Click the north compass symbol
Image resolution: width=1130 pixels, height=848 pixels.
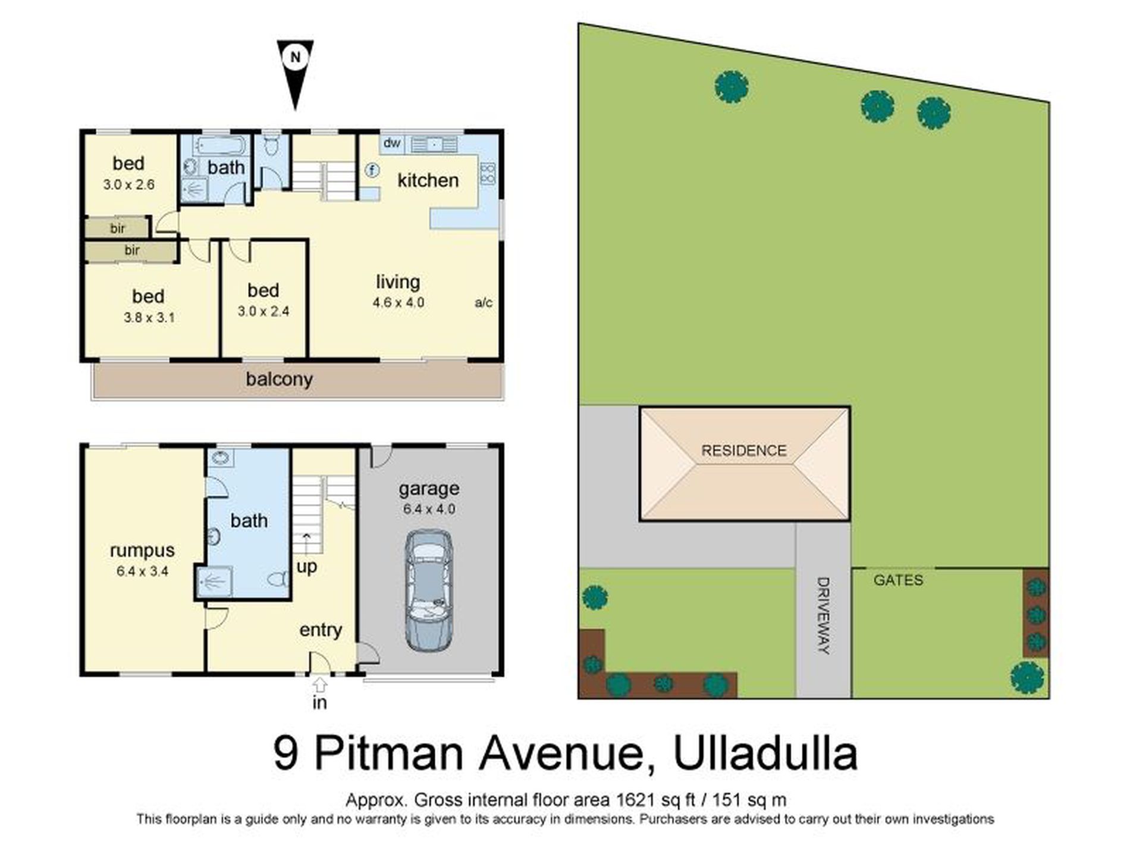coord(295,70)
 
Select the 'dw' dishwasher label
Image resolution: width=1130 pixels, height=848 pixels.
coord(391,143)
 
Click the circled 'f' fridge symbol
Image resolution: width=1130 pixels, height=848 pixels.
coord(372,171)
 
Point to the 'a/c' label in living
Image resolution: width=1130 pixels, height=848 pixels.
coord(484,302)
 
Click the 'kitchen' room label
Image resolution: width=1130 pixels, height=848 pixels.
coord(428,180)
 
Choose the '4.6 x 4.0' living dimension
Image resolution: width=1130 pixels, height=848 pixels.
coord(398,302)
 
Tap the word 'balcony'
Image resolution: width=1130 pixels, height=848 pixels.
coord(279,379)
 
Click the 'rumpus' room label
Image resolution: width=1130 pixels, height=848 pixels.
coord(142,550)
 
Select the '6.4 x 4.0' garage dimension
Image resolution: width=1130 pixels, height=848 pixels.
coord(429,509)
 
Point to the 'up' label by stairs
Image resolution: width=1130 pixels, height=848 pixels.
coord(306,567)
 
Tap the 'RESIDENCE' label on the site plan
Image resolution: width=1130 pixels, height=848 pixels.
coord(743,450)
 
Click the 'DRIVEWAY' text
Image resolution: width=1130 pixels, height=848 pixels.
coord(824,615)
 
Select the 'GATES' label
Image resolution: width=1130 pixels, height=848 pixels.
coord(898,580)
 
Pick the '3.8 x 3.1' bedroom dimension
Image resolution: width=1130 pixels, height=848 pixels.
coord(149,318)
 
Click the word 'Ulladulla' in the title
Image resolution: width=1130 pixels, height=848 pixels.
coord(765,753)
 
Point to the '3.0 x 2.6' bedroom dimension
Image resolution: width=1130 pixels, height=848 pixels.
coord(128,184)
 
